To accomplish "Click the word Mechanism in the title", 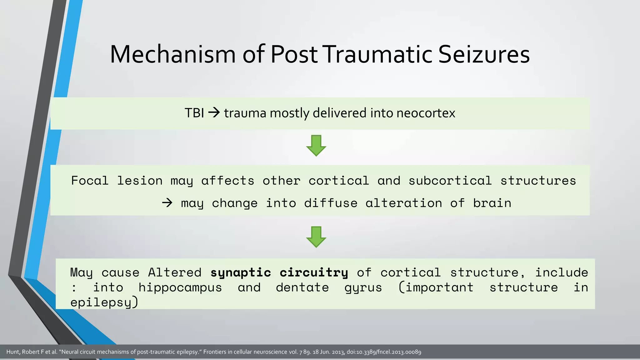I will point(173,54).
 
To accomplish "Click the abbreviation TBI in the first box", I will point(194,113).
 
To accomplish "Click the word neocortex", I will point(426,113).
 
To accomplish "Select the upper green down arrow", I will point(316,146).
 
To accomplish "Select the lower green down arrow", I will point(316,237).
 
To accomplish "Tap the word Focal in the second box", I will point(90,181).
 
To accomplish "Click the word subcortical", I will point(450,181).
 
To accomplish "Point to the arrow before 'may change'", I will point(167,203).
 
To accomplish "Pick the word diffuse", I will point(331,203).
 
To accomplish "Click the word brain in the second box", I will point(492,203).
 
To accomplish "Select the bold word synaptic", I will point(240,273).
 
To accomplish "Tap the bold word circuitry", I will point(314,272).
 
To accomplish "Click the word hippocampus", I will point(180,287).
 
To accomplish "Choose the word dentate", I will point(302,287).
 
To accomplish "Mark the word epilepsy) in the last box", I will point(104,302).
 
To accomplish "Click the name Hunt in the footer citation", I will point(13,352).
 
